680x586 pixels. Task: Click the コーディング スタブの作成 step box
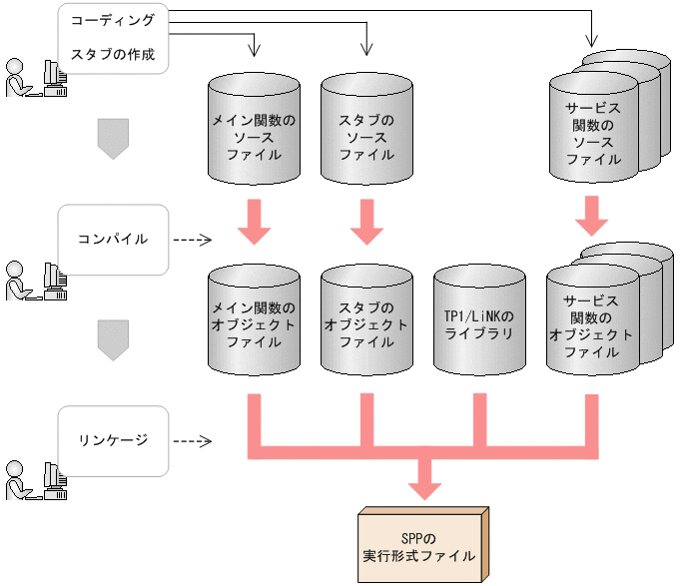(x=113, y=38)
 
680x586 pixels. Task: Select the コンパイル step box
(x=113, y=240)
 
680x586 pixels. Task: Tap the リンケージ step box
(x=113, y=439)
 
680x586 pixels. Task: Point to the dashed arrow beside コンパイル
(x=193, y=240)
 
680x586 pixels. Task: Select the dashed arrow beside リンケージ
(x=193, y=440)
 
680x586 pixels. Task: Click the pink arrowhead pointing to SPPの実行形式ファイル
(x=425, y=483)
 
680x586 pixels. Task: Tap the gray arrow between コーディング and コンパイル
(x=113, y=138)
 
